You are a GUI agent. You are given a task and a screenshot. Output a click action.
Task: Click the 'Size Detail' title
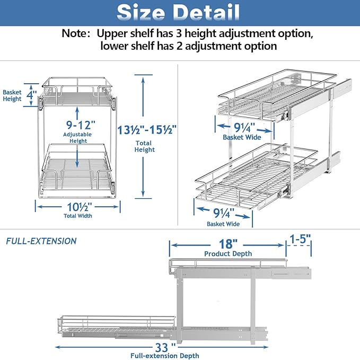pyautogui.click(x=179, y=12)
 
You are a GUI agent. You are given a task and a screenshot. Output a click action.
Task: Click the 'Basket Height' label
pyautogui.click(x=12, y=95)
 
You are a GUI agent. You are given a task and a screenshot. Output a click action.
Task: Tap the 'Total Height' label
pyautogui.click(x=144, y=146)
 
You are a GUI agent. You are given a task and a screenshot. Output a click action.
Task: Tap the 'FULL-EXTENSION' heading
pyautogui.click(x=41, y=241)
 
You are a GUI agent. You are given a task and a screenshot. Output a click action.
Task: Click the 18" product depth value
pyautogui.click(x=226, y=244)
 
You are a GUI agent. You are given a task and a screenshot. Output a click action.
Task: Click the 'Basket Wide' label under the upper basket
pyautogui.click(x=241, y=137)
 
